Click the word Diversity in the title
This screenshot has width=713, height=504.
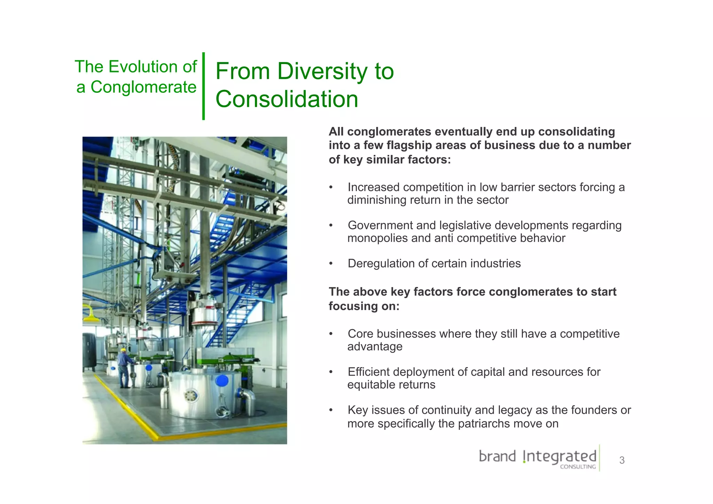tap(322, 71)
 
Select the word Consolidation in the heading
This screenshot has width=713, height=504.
tap(287, 99)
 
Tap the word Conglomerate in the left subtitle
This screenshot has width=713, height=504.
tap(143, 87)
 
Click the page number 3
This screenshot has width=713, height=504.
tap(622, 460)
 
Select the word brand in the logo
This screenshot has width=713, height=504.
tap(497, 456)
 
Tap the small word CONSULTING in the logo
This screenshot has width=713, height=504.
tap(578, 467)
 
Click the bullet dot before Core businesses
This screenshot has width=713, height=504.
tap(331, 334)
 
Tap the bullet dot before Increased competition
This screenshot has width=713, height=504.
tap(331, 187)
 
